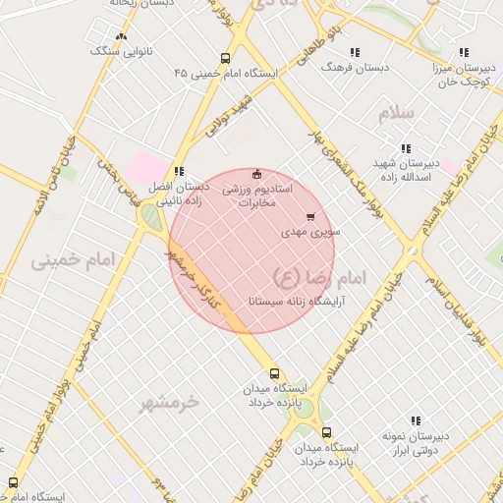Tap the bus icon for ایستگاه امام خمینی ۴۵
point(226,58)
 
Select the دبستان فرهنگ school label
point(360,67)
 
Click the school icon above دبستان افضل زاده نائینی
point(179,171)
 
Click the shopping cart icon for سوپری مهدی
point(311,217)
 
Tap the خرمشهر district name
point(168,402)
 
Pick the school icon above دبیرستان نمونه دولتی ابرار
point(417,420)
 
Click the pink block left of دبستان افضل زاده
point(144,167)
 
